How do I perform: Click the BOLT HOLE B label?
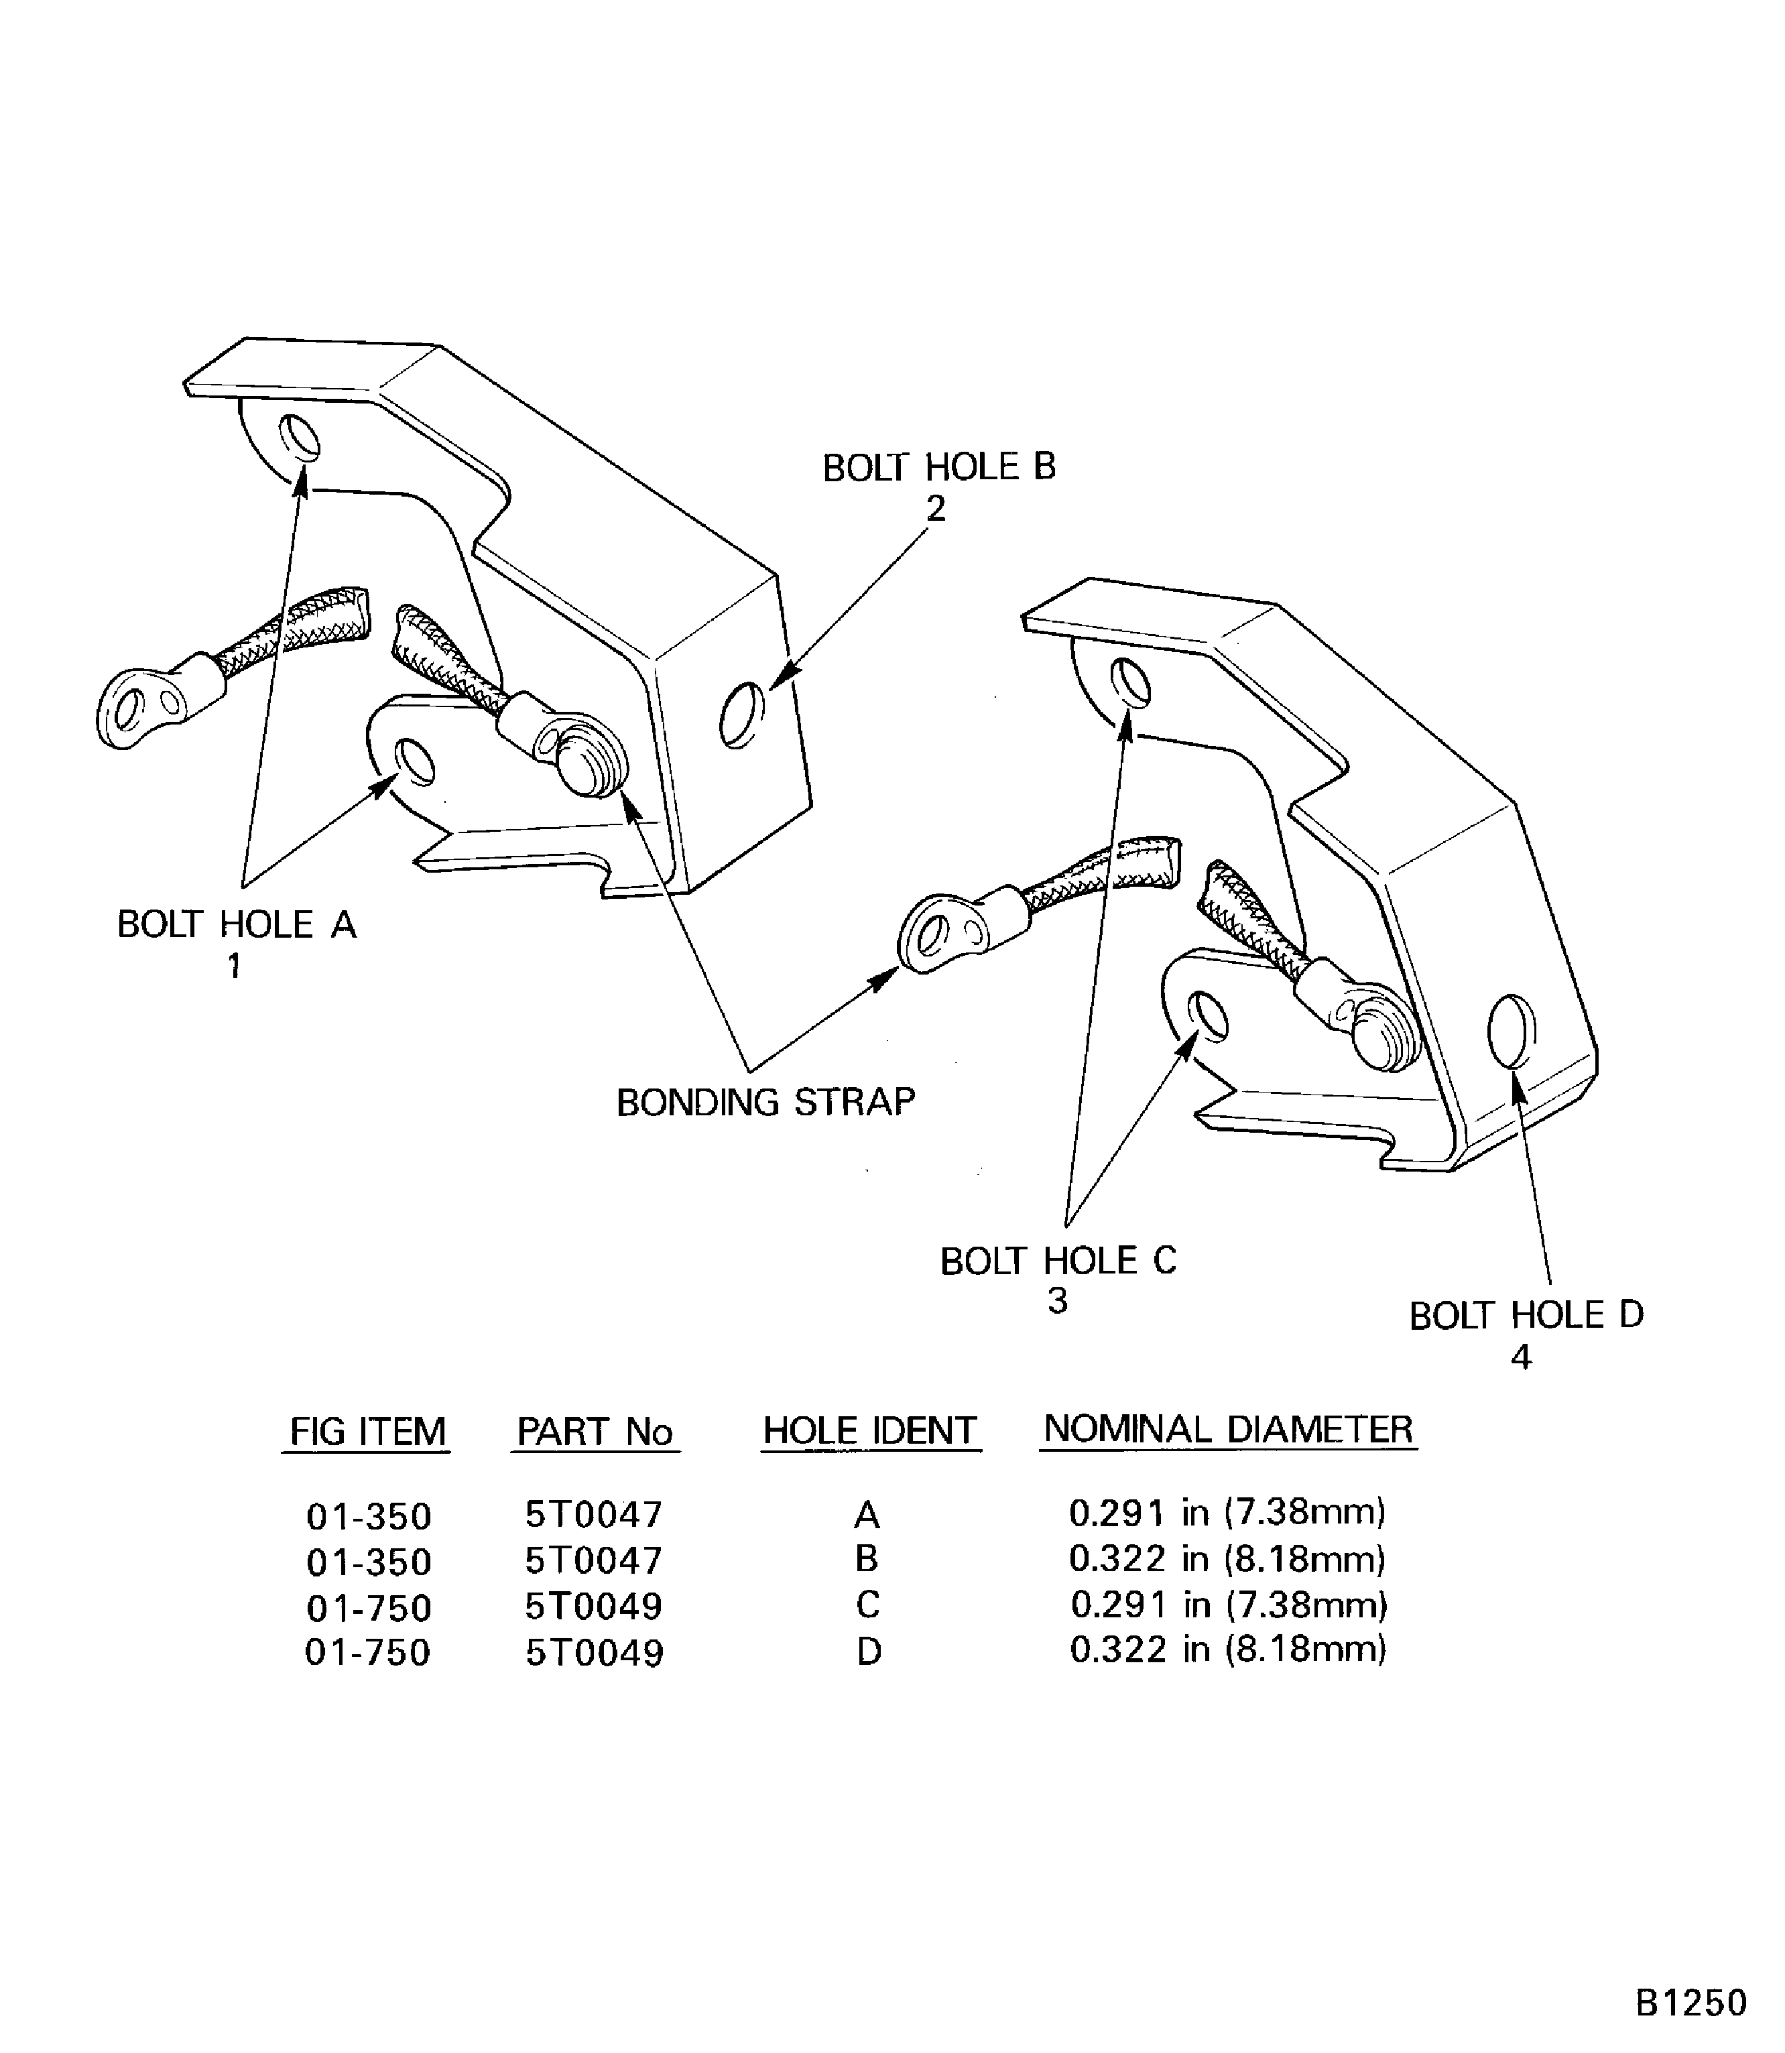(x=938, y=467)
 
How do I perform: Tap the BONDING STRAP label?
(x=765, y=1102)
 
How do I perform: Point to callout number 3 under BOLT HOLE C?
(x=1057, y=1301)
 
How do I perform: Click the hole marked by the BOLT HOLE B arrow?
(x=741, y=715)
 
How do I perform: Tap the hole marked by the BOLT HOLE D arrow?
(x=1510, y=1031)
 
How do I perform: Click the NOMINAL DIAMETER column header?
(x=1227, y=1430)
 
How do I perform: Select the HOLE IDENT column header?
(x=869, y=1432)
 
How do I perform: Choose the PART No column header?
(x=595, y=1432)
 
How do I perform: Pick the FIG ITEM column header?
(x=367, y=1432)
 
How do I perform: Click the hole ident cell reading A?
(x=867, y=1515)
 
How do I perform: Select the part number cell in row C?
(x=595, y=1606)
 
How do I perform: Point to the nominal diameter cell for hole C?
(x=1228, y=1605)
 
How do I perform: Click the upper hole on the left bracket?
(x=300, y=437)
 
